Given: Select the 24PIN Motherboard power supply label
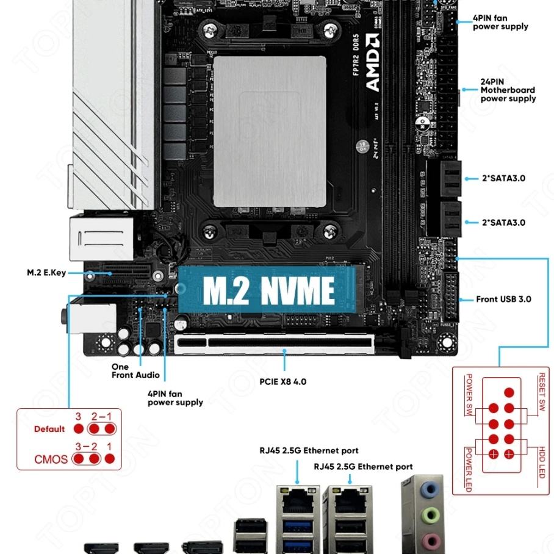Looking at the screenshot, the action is pyautogui.click(x=508, y=90).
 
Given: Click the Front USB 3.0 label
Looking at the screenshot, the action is pyautogui.click(x=503, y=299).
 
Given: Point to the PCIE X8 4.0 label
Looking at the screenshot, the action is pyautogui.click(x=282, y=382).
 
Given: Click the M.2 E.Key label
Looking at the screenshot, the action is pyautogui.click(x=46, y=273).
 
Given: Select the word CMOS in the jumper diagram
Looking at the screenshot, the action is pyautogui.click(x=51, y=459).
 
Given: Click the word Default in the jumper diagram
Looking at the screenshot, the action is pyautogui.click(x=49, y=429).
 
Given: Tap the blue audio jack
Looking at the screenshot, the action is pyautogui.click(x=431, y=488).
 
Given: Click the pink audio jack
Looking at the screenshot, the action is pyautogui.click(x=431, y=539).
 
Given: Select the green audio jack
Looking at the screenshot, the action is pyautogui.click(x=431, y=514).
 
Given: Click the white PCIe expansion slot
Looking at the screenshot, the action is pyautogui.click(x=274, y=344).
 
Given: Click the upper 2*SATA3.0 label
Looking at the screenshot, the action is pyautogui.click(x=503, y=178).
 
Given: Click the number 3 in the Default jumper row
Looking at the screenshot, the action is pyautogui.click(x=78, y=416).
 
